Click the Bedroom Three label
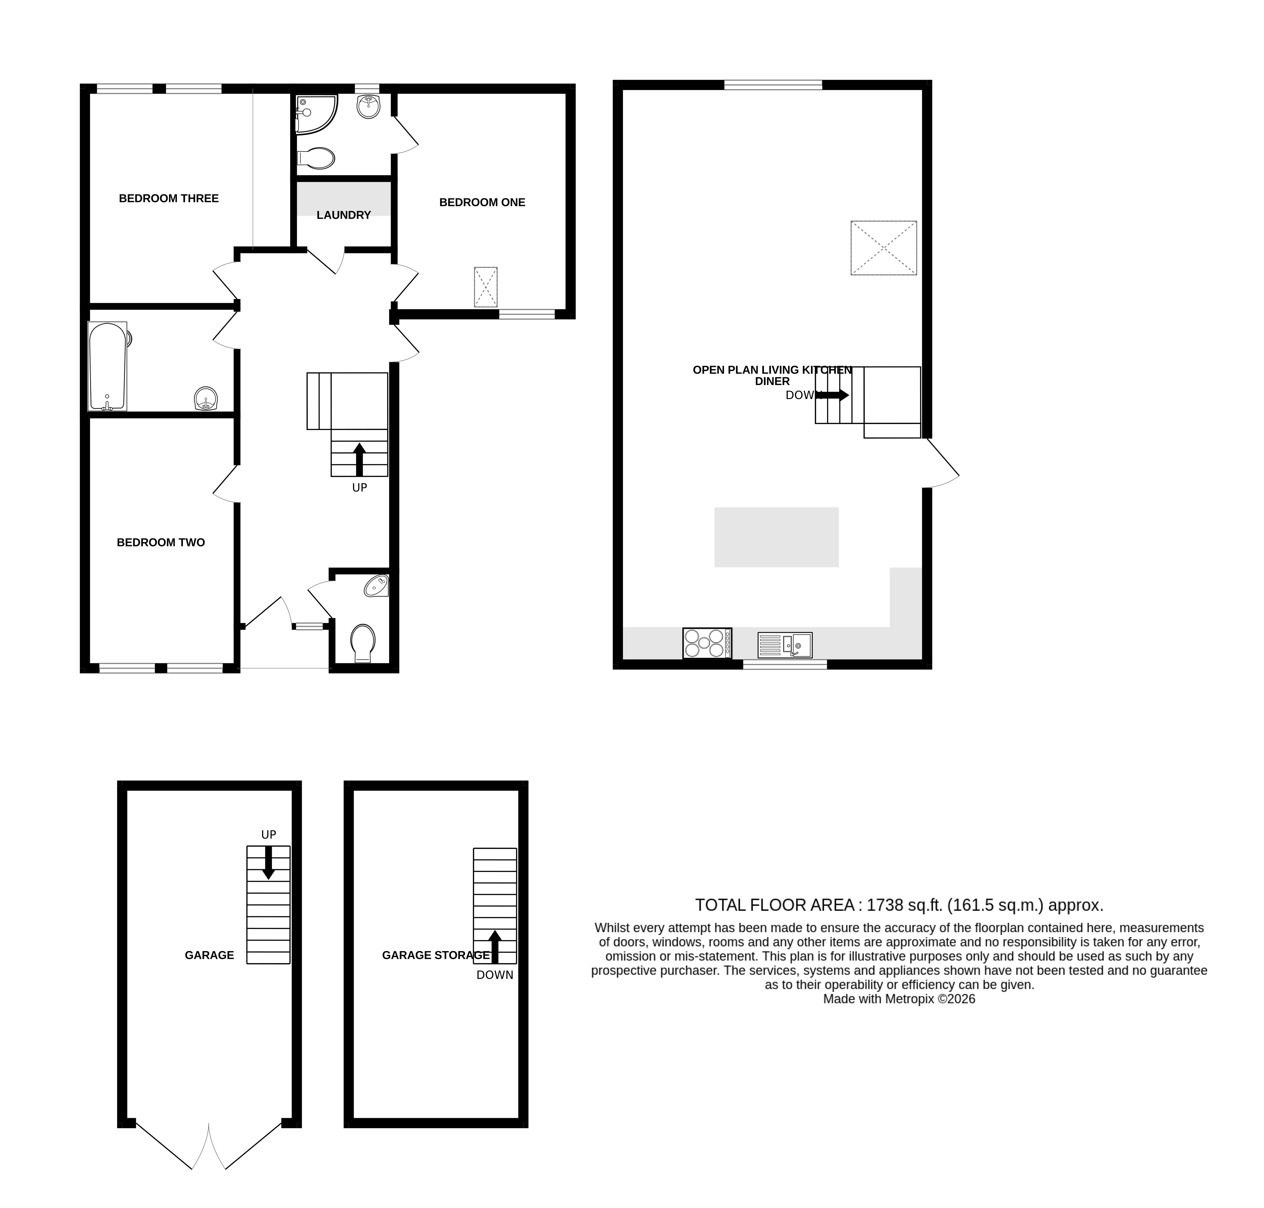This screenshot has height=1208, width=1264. click(x=169, y=198)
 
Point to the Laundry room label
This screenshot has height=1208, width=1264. click(x=343, y=215)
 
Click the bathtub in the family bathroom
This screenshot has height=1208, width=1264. click(x=108, y=366)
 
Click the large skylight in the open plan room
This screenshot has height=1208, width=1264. click(x=883, y=248)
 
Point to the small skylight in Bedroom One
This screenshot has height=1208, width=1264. click(x=486, y=286)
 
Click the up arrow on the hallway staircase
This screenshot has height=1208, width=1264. click(x=359, y=458)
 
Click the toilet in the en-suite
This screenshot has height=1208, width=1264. click(x=316, y=158)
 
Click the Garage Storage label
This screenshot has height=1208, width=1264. click(x=435, y=955)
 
